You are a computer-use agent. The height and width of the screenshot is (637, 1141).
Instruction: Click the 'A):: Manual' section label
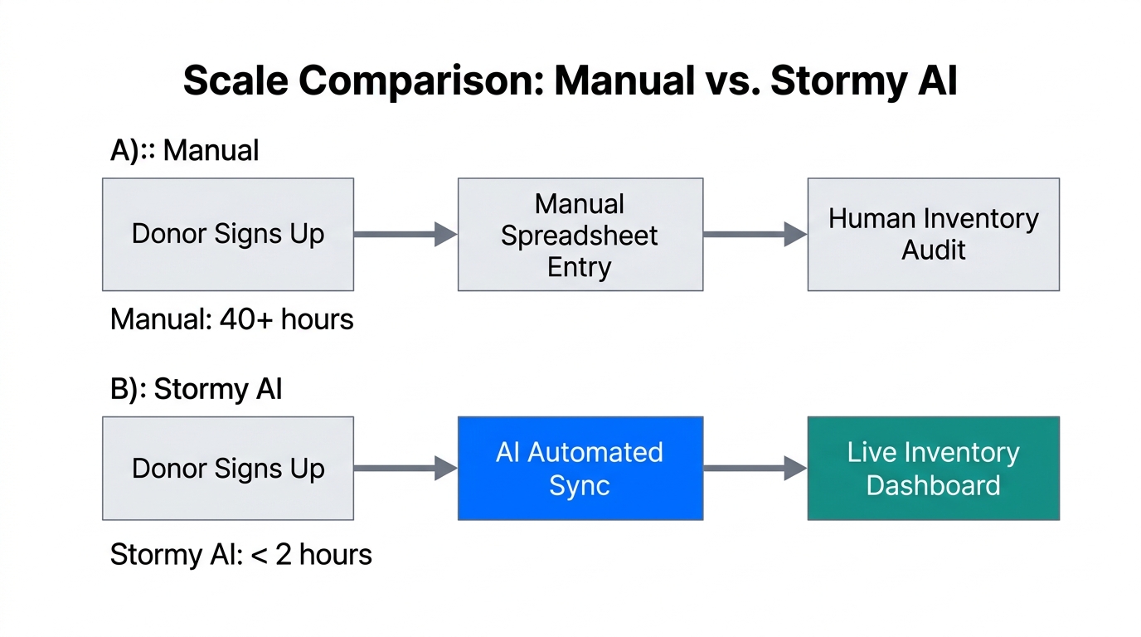184,151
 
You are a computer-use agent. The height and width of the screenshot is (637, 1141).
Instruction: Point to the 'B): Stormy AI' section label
196,389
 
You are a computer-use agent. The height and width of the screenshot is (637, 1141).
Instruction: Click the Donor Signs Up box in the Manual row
228,235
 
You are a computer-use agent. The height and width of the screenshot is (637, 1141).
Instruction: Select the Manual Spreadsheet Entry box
580,235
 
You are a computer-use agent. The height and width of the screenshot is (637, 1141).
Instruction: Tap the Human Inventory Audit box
933,235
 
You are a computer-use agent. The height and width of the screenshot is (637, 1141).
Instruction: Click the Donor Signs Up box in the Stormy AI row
228,469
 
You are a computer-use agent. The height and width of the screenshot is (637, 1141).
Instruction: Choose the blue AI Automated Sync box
580,469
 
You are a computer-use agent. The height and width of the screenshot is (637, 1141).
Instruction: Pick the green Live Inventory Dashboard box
933,469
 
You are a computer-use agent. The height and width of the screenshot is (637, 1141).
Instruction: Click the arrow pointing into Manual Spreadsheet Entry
405,235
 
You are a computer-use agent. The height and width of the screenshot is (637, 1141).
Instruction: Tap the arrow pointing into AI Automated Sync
405,469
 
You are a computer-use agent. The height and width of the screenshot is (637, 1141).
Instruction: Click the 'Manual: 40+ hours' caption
232,319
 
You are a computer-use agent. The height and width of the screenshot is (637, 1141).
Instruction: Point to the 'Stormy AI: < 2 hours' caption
240,554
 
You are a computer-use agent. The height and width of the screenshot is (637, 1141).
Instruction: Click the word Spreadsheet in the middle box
580,236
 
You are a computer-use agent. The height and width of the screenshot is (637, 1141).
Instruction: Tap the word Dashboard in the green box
933,485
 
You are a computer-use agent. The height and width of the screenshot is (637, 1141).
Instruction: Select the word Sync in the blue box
580,485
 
